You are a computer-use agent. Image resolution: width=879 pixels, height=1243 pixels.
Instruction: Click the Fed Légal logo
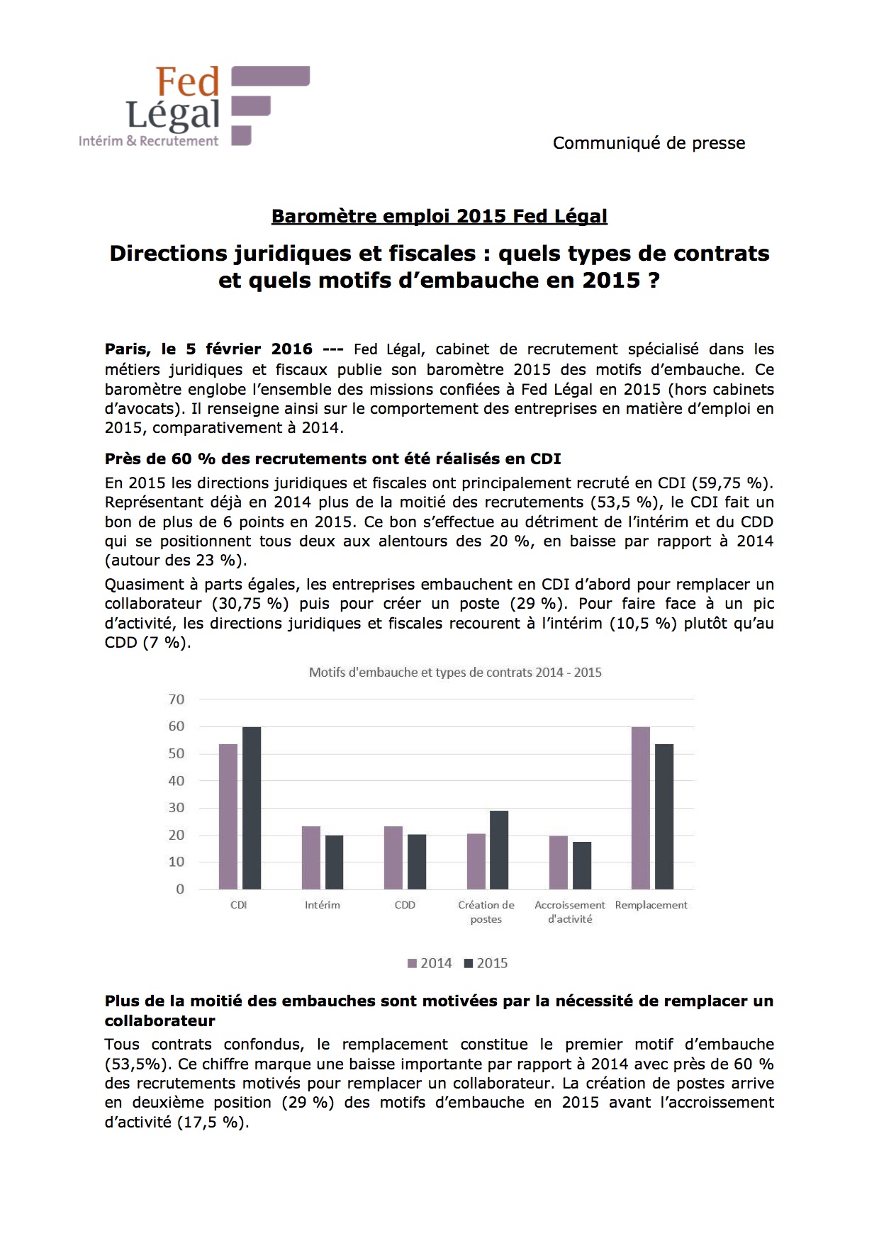pos(194,106)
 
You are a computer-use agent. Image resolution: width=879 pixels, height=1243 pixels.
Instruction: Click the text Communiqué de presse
pos(649,143)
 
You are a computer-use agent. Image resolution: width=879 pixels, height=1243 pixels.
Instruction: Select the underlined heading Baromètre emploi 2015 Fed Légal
pos(439,216)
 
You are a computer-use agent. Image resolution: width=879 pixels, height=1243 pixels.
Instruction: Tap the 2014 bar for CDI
pos(228,816)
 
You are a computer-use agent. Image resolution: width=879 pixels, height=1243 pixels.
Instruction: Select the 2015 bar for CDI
pos(252,808)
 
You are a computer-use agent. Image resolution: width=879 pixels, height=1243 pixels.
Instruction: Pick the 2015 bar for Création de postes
pos(499,850)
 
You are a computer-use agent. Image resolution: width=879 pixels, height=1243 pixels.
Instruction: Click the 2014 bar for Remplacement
pos(641,808)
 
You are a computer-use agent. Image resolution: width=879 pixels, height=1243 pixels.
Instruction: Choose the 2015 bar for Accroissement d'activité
pos(582,865)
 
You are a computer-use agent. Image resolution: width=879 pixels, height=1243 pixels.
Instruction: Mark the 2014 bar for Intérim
pos(311,857)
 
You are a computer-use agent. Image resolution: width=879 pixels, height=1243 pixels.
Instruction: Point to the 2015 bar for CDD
pos(417,862)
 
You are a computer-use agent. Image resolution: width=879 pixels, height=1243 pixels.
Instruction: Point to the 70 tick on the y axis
pos(176,699)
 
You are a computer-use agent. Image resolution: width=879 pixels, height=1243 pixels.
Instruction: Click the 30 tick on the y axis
pos(176,808)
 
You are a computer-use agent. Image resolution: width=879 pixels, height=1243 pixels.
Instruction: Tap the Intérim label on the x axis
pos(323,905)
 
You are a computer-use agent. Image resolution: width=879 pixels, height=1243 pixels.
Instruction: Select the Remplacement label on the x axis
pos(651,905)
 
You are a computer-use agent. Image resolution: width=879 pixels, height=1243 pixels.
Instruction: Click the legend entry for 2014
pos(430,963)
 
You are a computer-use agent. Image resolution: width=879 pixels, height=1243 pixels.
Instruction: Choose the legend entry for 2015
pos(486,963)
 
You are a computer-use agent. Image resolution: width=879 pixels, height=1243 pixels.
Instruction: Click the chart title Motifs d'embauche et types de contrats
pos(455,673)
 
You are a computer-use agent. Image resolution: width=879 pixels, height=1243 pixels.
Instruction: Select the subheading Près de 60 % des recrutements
pos(332,459)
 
